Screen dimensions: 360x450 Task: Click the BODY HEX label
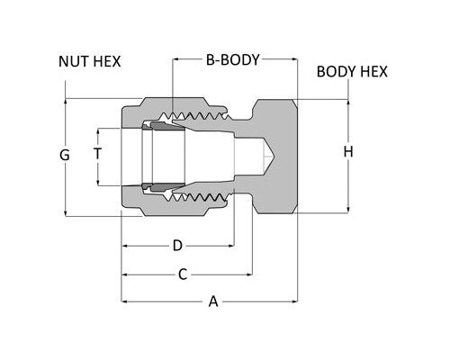tap(352, 71)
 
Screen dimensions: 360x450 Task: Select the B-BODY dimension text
tap(232, 61)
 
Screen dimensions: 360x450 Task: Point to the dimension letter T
tap(97, 154)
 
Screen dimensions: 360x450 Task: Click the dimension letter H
tap(348, 152)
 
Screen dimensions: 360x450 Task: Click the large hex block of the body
tap(275, 154)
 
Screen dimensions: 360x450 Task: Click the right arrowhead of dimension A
tap(293, 301)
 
